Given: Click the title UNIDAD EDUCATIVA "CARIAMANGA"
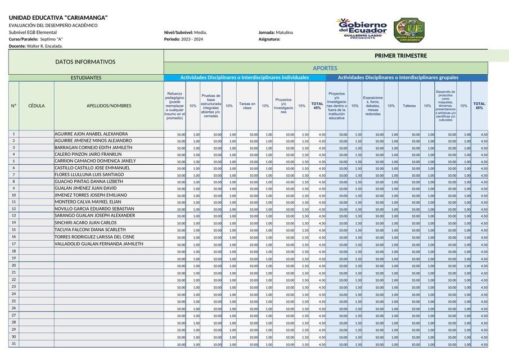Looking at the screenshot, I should click(x=58, y=18).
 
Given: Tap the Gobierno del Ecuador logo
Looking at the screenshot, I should click(x=362, y=29).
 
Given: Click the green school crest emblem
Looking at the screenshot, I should click(x=409, y=29).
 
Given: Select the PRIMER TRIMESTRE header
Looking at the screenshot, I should click(x=400, y=56).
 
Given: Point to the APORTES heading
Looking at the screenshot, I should click(x=325, y=68).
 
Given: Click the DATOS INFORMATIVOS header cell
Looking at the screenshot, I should click(x=85, y=62).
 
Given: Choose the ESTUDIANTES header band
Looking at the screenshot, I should click(x=85, y=78).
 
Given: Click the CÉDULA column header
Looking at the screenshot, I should click(x=37, y=106).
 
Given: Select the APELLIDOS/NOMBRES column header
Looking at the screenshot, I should click(x=109, y=106).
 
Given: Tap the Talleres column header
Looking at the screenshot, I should click(x=409, y=106).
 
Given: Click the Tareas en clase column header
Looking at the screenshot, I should click(x=247, y=106).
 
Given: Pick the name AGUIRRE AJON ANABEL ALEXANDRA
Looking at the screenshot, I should click(x=91, y=134).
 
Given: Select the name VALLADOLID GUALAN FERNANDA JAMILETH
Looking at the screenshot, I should click(x=98, y=244).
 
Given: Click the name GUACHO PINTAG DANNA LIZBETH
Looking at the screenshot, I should click(x=88, y=182).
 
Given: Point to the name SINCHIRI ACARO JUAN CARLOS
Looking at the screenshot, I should click(x=85, y=223).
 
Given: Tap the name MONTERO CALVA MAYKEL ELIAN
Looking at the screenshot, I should click(x=87, y=202).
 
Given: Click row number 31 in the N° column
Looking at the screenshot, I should click(x=13, y=344).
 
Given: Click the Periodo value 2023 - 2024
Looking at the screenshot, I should click(x=192, y=39).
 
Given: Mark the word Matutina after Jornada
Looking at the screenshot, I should click(x=284, y=33).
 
